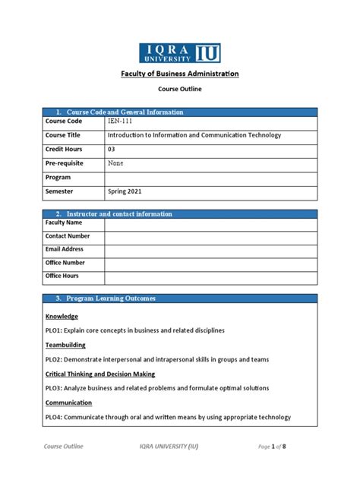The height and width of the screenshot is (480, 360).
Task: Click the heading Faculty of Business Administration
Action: [x=180, y=74]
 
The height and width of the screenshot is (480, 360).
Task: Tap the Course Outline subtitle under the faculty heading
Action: [x=180, y=89]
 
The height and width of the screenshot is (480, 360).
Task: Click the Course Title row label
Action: [x=63, y=135]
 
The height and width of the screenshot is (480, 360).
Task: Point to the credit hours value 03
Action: [x=112, y=150]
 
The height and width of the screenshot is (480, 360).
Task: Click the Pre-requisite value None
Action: [x=116, y=163]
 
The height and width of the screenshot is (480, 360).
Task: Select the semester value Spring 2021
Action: [x=125, y=192]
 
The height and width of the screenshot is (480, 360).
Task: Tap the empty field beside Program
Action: [x=210, y=178]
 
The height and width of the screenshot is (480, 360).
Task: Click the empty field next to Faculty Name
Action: [x=210, y=223]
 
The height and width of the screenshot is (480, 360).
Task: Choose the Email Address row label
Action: [x=65, y=249]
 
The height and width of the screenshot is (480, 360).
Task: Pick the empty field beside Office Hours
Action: [x=210, y=276]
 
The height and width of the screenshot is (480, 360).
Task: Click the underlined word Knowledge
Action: [x=62, y=316]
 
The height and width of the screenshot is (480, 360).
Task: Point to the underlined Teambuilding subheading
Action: [x=67, y=345]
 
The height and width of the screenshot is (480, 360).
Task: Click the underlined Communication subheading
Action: [x=68, y=403]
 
